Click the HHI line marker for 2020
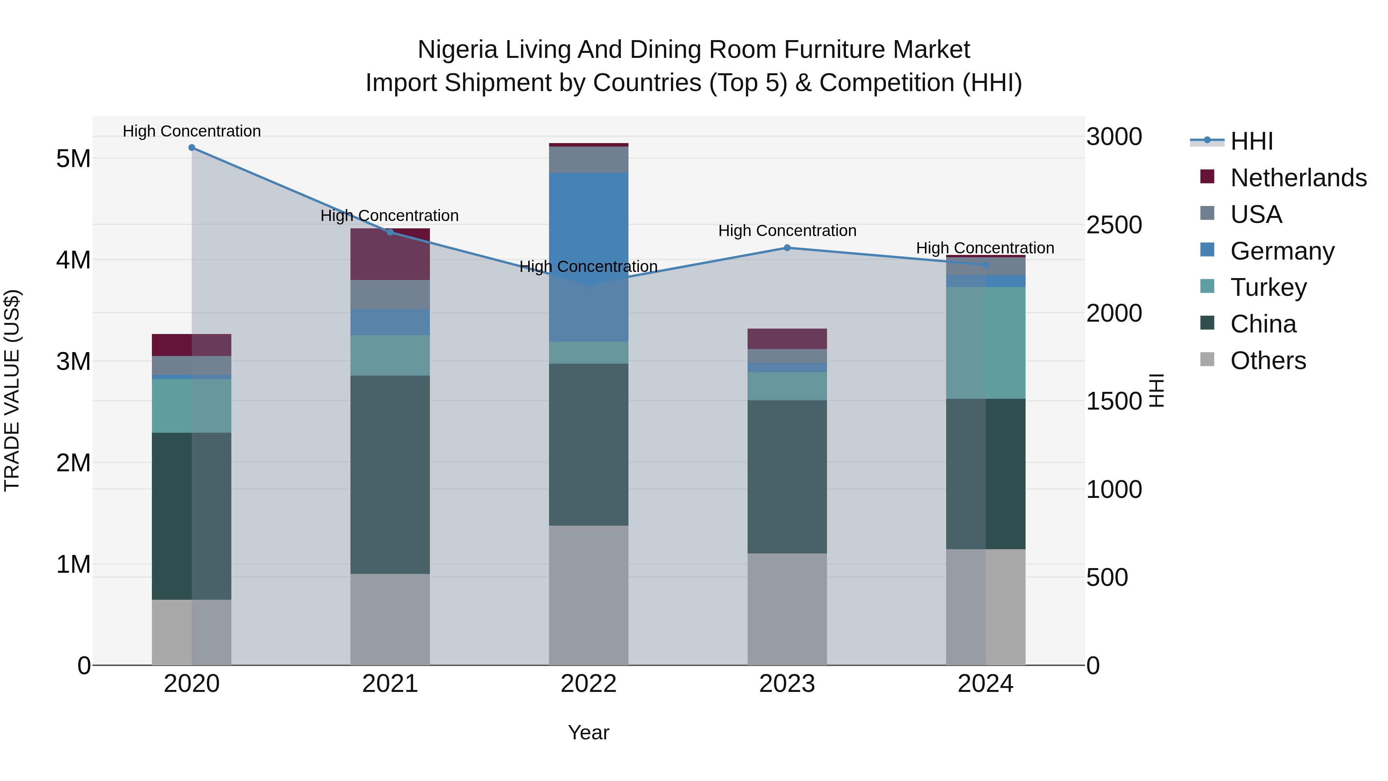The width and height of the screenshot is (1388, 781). coord(192,148)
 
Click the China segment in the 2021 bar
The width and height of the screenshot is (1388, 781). coord(390,474)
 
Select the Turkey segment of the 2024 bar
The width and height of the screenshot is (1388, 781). coord(985,343)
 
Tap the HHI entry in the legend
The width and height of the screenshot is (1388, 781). coord(1251,141)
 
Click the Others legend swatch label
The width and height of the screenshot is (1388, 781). coord(1268,361)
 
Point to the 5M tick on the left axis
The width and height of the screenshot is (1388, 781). coord(73,159)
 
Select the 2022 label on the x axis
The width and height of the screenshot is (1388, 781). coord(588,684)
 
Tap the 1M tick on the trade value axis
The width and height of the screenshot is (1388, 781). coord(73,564)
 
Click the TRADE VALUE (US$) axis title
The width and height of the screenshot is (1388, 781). coord(12,390)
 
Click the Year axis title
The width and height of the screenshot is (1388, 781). coord(588,732)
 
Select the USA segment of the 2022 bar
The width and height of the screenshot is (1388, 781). coord(588,160)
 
